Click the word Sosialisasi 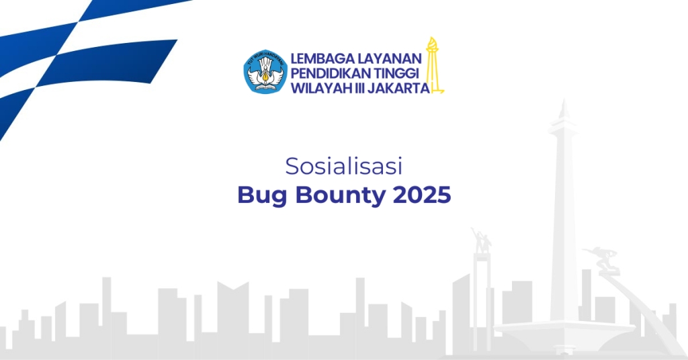coord(343,166)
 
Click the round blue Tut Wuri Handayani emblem coord(265,72)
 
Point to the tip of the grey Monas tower coord(563,107)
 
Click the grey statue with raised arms coord(480,240)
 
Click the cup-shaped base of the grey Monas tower coord(563,329)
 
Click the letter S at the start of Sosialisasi coord(291,166)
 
